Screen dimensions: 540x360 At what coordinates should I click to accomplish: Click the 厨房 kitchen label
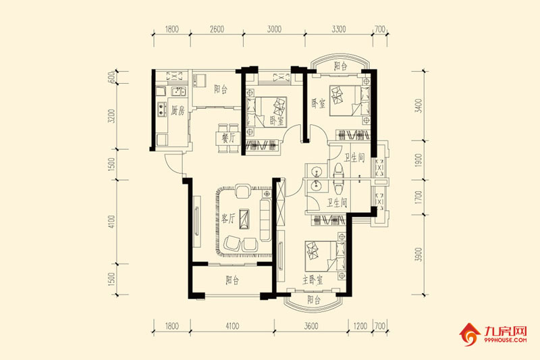coord(178,111)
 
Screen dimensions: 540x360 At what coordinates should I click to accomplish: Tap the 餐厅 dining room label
coord(228,138)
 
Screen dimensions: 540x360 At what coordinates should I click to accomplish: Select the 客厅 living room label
coord(227,218)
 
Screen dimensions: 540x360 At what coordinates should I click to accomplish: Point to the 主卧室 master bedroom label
coord(313,280)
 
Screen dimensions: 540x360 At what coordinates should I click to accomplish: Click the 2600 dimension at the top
coord(217,29)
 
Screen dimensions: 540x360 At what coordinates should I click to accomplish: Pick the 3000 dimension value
coord(274,29)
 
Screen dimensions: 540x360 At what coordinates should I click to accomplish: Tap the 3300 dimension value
coord(339,29)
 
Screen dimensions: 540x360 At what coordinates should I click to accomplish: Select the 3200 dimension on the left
coord(111,116)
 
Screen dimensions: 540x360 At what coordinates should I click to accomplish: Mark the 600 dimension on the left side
coord(111,78)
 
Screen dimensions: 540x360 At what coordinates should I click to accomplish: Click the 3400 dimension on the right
coord(418,106)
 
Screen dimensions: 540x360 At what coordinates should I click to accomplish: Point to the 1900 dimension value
coord(418,160)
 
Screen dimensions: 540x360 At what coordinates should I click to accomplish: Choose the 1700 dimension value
coord(418,197)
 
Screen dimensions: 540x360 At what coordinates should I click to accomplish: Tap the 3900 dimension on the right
coord(418,255)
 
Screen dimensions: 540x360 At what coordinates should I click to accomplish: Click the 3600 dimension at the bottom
coord(311,326)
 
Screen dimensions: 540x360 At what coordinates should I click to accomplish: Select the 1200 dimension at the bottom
coord(360,326)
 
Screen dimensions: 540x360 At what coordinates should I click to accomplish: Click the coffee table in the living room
coord(244,218)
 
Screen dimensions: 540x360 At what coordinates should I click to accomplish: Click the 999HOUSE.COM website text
coord(505,340)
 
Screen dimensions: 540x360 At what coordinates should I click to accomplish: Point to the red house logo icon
coord(469,334)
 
